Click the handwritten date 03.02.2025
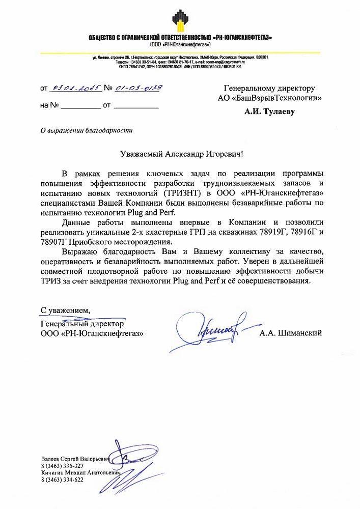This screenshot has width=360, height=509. (x=76, y=89)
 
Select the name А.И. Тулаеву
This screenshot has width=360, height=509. (x=269, y=109)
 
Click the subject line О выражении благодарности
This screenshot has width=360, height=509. (x=86, y=130)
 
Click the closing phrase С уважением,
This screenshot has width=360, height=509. (x=66, y=310)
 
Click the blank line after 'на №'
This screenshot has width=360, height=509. (x=81, y=108)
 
